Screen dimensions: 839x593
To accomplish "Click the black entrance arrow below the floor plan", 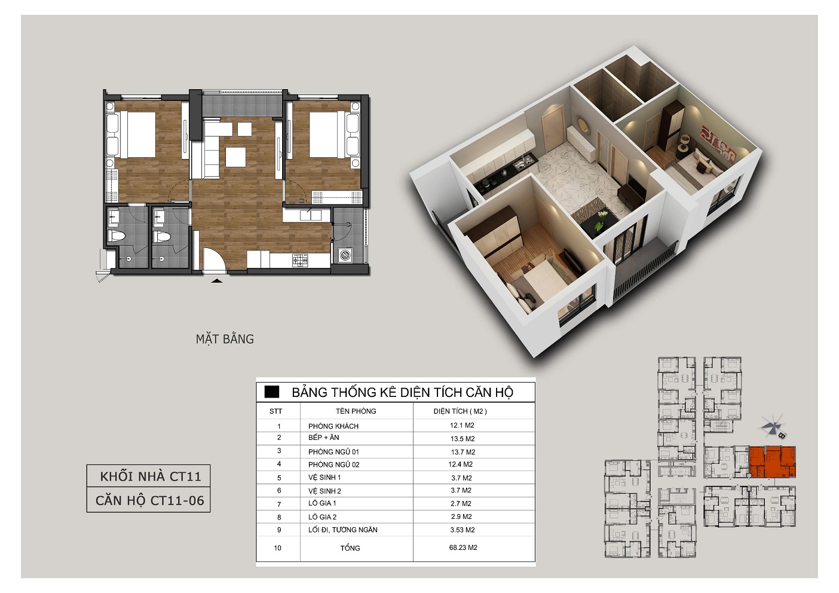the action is click(x=217, y=280).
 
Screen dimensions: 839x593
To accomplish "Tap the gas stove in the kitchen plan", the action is click(x=300, y=260).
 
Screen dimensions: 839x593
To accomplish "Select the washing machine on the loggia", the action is click(x=345, y=255).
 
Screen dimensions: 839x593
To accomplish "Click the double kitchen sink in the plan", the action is click(x=311, y=215).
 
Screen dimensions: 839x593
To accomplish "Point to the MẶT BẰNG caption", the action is click(x=225, y=339).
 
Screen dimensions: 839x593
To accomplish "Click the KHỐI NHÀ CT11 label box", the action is click(x=148, y=476).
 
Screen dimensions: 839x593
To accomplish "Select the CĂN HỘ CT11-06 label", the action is click(x=150, y=500).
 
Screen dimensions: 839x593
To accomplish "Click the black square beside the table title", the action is click(x=271, y=392).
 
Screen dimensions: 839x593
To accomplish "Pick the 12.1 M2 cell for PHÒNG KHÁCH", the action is click(x=462, y=425).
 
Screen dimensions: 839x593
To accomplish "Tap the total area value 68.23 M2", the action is click(x=463, y=548).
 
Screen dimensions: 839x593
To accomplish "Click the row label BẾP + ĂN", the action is click(x=324, y=437).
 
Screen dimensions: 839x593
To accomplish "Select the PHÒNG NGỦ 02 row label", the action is click(x=333, y=464).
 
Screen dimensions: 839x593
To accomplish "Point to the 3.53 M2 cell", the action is click(x=462, y=530).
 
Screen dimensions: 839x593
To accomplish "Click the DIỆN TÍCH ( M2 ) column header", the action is click(x=460, y=411).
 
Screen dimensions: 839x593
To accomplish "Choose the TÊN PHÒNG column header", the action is click(x=356, y=411).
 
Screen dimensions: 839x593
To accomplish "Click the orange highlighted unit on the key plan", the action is click(x=772, y=462).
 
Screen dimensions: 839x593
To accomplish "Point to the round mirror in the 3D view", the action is click(x=580, y=124).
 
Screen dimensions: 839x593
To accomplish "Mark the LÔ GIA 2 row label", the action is click(x=322, y=517).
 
